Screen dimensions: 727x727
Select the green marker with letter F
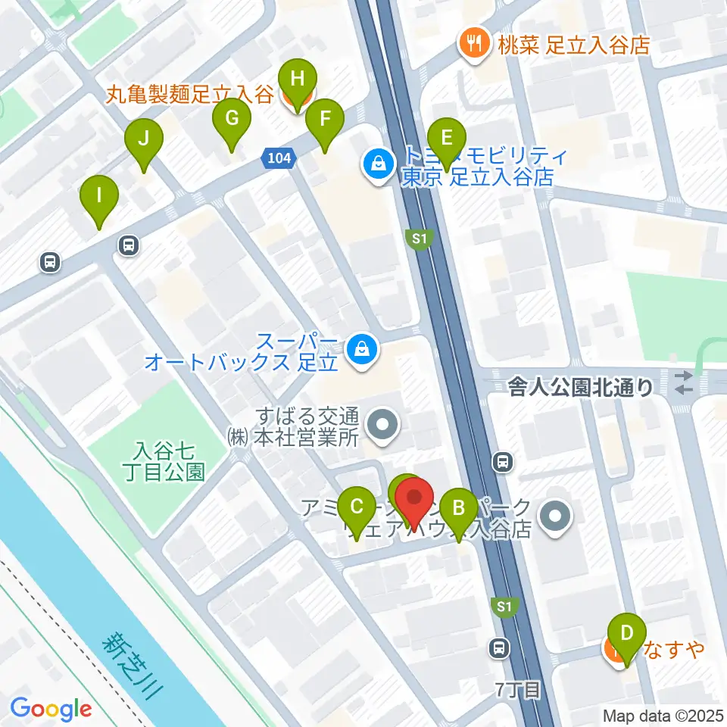[325, 120]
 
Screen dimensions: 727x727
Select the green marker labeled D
[626, 633]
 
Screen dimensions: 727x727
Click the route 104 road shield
[278, 158]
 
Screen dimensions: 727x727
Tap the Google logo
[51, 709]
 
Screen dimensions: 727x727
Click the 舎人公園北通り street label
[580, 388]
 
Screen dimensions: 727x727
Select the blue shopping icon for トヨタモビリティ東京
[376, 163]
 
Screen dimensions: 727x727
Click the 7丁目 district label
[519, 689]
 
